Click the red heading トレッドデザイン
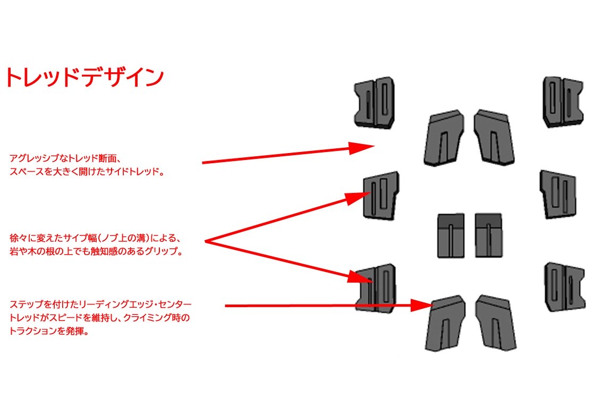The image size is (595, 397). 84,78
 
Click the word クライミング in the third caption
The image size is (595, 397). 149,318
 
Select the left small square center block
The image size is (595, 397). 450,235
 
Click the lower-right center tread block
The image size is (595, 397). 496,323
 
